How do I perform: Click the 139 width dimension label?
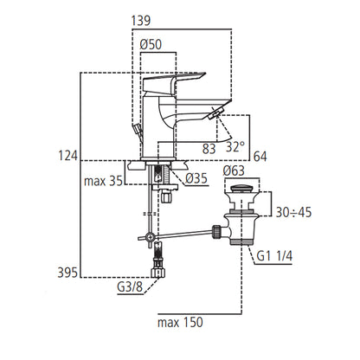coord(141,21)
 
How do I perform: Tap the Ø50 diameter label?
coord(151,45)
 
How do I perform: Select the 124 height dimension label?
coord(68,156)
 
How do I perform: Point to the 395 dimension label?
coord(67,273)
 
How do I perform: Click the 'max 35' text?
coord(103,181)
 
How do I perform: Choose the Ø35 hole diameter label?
coord(196,178)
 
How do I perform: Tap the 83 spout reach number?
coord(209,149)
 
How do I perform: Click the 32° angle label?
coord(235,147)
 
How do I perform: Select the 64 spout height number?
coord(260,157)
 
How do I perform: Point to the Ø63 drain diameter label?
coord(234,170)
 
